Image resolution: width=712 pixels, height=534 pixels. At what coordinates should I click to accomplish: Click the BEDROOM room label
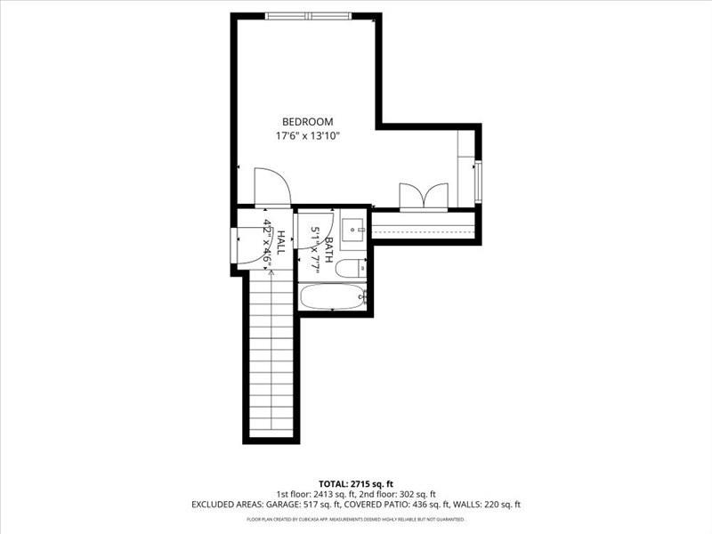307,122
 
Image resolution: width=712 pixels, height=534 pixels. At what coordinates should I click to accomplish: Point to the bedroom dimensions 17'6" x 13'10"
307,136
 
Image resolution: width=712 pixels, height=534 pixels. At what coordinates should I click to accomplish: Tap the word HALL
280,243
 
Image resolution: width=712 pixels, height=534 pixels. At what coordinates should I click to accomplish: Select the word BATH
328,248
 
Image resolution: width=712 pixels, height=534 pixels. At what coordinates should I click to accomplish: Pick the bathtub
332,296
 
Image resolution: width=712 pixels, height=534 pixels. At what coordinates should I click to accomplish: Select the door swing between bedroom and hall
271,186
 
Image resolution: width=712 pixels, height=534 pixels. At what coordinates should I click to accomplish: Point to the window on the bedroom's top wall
308,16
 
